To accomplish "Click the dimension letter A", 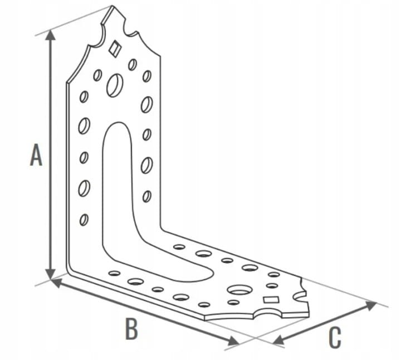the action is (36, 155).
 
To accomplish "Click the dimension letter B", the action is (131, 329).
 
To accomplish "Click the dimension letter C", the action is (335, 338).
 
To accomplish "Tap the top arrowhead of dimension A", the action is (51, 35).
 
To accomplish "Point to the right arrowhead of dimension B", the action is (233, 340).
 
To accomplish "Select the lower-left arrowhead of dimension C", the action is (278, 340).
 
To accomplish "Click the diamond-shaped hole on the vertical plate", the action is (114, 48).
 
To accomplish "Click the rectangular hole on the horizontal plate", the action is (271, 299).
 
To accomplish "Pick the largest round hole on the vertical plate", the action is (115, 85).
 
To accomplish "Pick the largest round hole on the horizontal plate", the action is (239, 290).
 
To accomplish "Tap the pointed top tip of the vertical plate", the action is (112, 6).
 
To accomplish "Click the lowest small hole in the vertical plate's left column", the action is (84, 220).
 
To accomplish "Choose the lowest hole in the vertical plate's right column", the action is (147, 196).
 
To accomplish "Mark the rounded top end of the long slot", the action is (118, 123).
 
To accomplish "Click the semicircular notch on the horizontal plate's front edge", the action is (268, 312).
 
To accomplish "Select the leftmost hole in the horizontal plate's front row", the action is (114, 273).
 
